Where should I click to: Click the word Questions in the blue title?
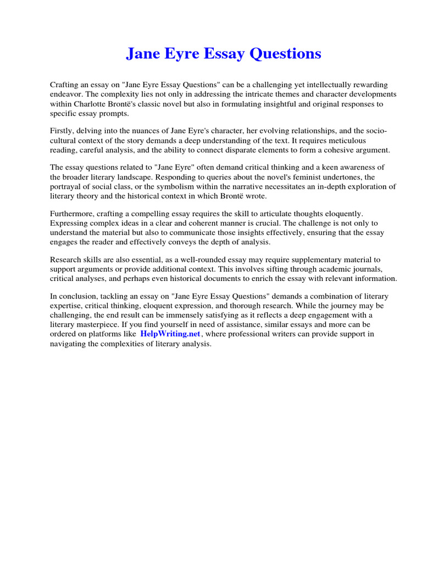tap(285, 54)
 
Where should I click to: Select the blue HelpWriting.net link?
tap(170, 334)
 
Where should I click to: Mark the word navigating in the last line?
tap(69, 343)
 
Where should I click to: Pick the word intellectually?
tap(307, 85)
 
